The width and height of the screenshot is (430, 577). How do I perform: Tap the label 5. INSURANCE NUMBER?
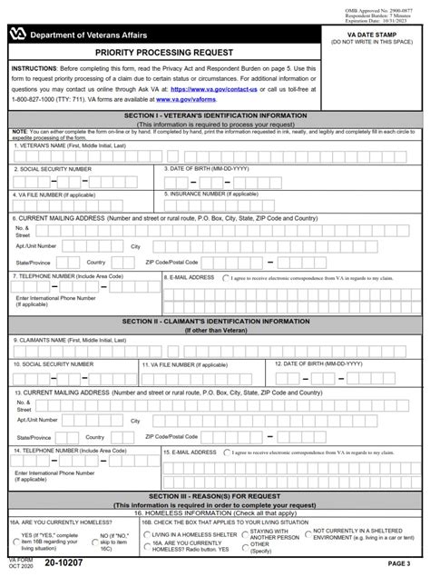pyautogui.click(x=210, y=194)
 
